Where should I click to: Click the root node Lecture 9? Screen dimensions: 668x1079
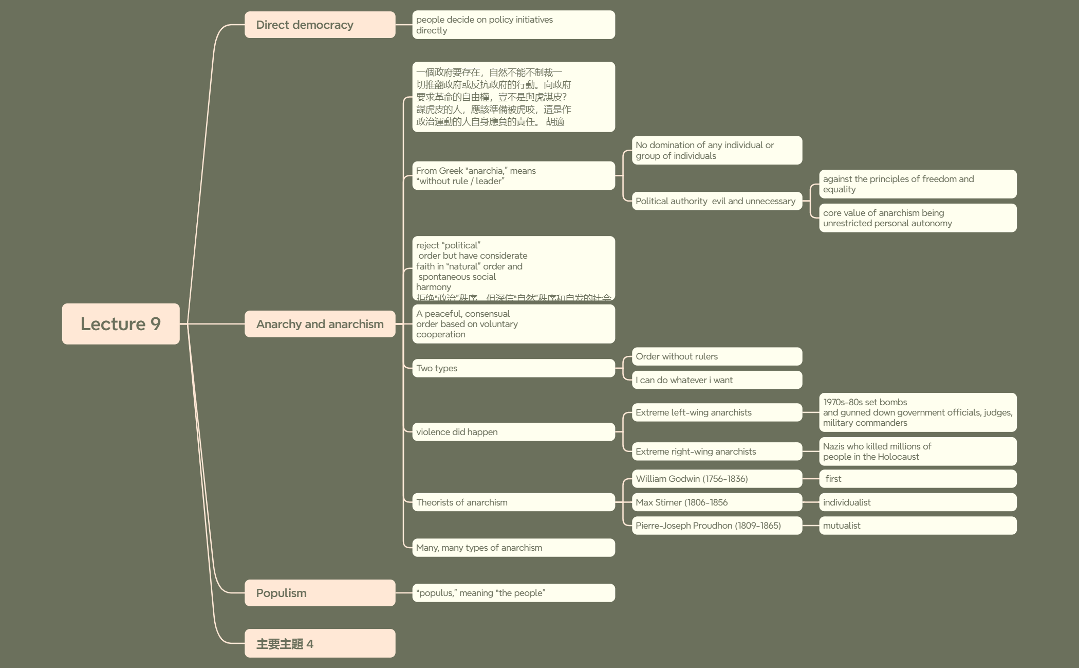tap(121, 324)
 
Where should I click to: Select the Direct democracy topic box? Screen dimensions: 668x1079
tap(320, 25)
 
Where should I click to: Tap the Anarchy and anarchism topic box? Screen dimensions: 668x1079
tap(320, 324)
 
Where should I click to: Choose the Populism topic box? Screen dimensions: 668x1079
tap(320, 593)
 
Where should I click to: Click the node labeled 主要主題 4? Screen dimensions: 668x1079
tap(320, 643)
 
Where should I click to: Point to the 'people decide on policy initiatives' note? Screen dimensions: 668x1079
tap(513, 25)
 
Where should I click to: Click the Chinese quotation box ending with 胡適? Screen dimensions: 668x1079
tap(513, 97)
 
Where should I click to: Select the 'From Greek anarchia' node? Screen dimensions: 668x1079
tap(513, 176)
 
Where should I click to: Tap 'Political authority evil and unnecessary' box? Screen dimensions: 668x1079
tap(717, 201)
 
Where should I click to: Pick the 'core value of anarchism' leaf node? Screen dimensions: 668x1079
tap(918, 218)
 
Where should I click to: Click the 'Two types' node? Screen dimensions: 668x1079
tap(513, 368)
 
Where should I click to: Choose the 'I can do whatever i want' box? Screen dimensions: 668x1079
tap(717, 380)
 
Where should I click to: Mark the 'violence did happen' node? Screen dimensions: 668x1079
tap(513, 432)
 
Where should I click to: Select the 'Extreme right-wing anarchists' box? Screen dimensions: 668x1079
tap(717, 452)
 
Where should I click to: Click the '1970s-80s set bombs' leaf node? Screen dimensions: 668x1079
tap(918, 412)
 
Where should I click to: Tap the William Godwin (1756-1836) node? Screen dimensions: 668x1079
tap(717, 479)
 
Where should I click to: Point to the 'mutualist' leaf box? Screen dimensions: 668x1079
tap(918, 526)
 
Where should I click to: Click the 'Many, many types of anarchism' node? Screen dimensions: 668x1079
tap(513, 548)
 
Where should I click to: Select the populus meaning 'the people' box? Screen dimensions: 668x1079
tap(513, 593)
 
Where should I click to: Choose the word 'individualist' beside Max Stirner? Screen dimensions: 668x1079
tap(847, 502)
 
